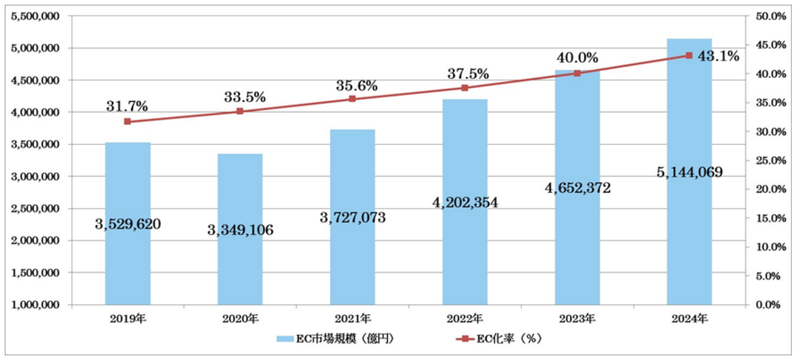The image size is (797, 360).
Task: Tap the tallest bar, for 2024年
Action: point(689,232)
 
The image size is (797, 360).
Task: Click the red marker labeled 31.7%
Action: point(128,122)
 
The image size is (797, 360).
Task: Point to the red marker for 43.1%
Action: point(689,56)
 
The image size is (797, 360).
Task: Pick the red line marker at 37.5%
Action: point(465,88)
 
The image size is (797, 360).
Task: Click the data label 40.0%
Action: point(577,58)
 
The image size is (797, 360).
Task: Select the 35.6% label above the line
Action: point(357,86)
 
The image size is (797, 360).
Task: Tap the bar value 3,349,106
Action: point(240,230)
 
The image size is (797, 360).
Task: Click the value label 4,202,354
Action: point(465,203)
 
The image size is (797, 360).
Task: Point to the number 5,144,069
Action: point(689,172)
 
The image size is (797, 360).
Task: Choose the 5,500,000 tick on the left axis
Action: point(35,16)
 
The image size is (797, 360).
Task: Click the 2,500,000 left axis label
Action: point(35,209)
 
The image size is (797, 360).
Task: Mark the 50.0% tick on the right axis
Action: point(771,16)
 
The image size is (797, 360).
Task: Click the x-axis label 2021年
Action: point(353,319)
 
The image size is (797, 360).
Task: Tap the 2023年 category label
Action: point(577,319)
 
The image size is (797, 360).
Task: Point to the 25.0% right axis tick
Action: point(771,161)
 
